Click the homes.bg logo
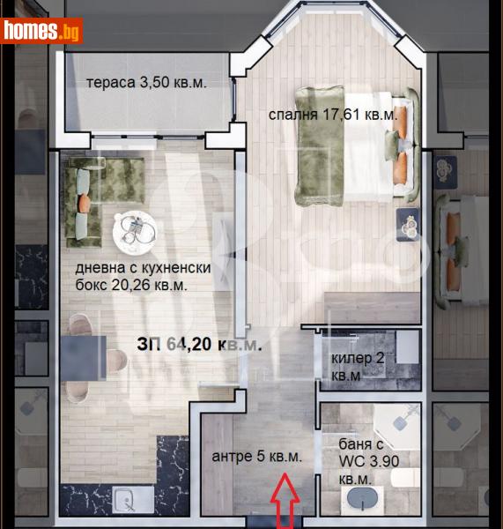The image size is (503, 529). coord(41,30)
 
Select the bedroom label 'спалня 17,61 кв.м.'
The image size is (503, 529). coord(333,114)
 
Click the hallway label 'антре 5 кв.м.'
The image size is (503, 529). coord(257,457)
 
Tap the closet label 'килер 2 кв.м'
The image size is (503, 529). coord(359,367)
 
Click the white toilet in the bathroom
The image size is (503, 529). coord(404,479)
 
